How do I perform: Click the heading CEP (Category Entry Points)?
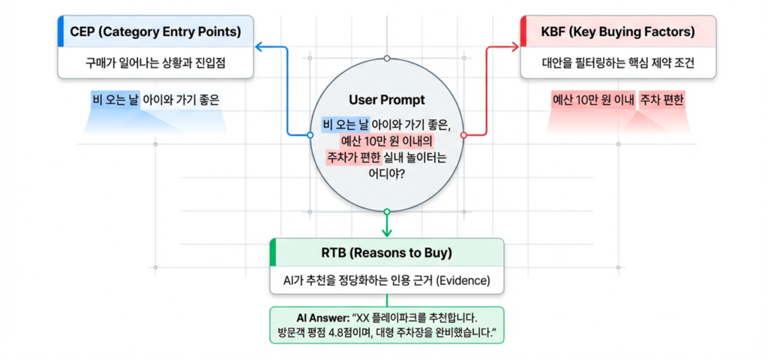point(156,32)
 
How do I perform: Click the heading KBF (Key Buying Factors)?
point(618,32)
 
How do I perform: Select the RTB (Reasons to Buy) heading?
point(386,253)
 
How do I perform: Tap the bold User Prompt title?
point(386,100)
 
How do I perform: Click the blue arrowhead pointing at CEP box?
point(257,47)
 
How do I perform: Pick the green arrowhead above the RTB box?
point(386,232)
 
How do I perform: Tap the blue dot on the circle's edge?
point(310,136)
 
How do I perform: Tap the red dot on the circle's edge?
point(463,136)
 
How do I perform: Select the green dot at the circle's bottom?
point(386,211)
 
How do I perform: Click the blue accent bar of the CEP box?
point(61,32)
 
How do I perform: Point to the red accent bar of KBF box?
point(523,32)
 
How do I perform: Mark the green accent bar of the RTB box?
point(273,253)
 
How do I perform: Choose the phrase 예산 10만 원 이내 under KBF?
point(593,100)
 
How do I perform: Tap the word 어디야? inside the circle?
point(386,174)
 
